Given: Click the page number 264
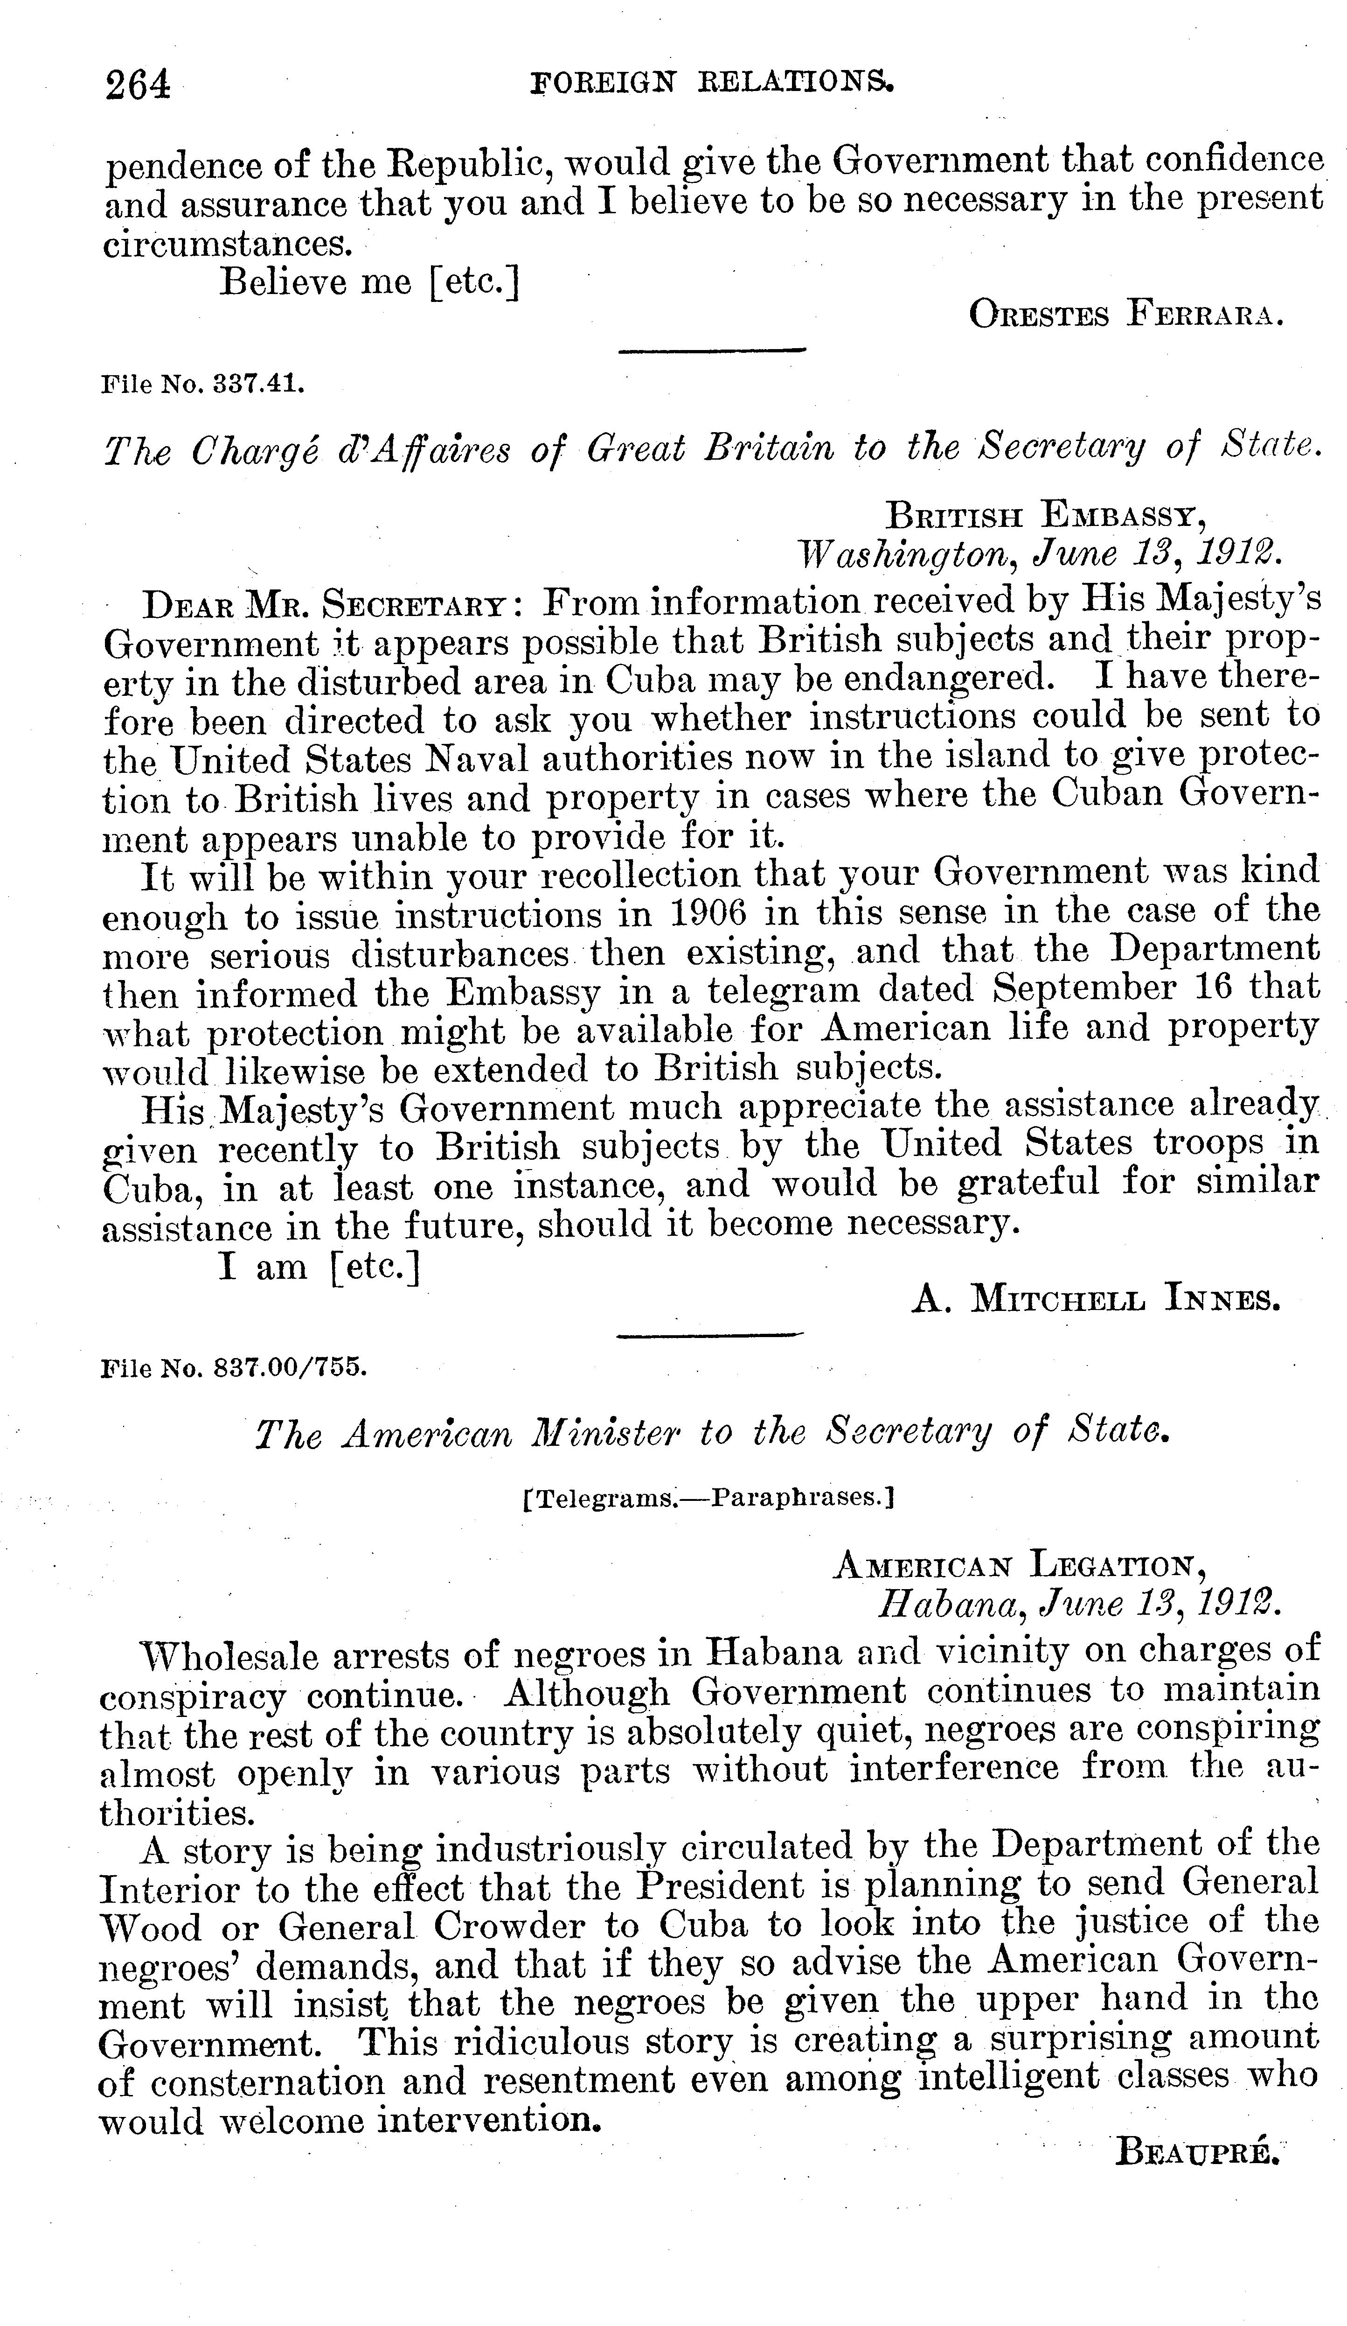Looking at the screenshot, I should [139, 85].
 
